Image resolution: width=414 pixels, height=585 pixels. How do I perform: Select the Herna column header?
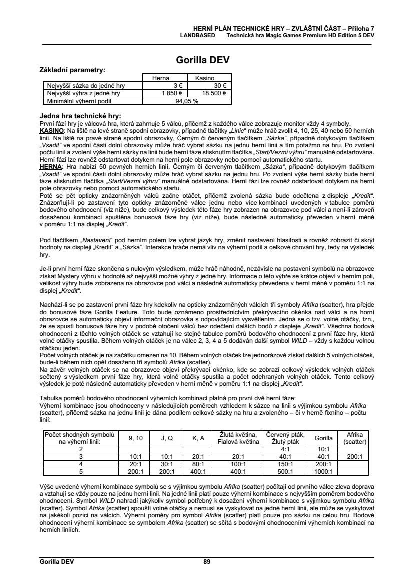coord(163,78)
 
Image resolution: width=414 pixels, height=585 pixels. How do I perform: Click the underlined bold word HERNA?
coord(50,166)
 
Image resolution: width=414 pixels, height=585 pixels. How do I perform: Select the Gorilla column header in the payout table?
coord(323,438)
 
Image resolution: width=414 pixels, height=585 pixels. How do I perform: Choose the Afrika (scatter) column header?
coord(355,438)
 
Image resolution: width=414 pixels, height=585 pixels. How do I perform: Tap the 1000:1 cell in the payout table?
coord(323,471)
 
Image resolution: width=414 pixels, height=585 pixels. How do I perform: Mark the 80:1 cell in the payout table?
coord(198,464)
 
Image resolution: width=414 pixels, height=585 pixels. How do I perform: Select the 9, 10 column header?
coord(136,438)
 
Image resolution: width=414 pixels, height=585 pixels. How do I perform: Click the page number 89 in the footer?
coord(207,562)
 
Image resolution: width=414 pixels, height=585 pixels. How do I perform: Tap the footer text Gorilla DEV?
coord(57,562)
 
